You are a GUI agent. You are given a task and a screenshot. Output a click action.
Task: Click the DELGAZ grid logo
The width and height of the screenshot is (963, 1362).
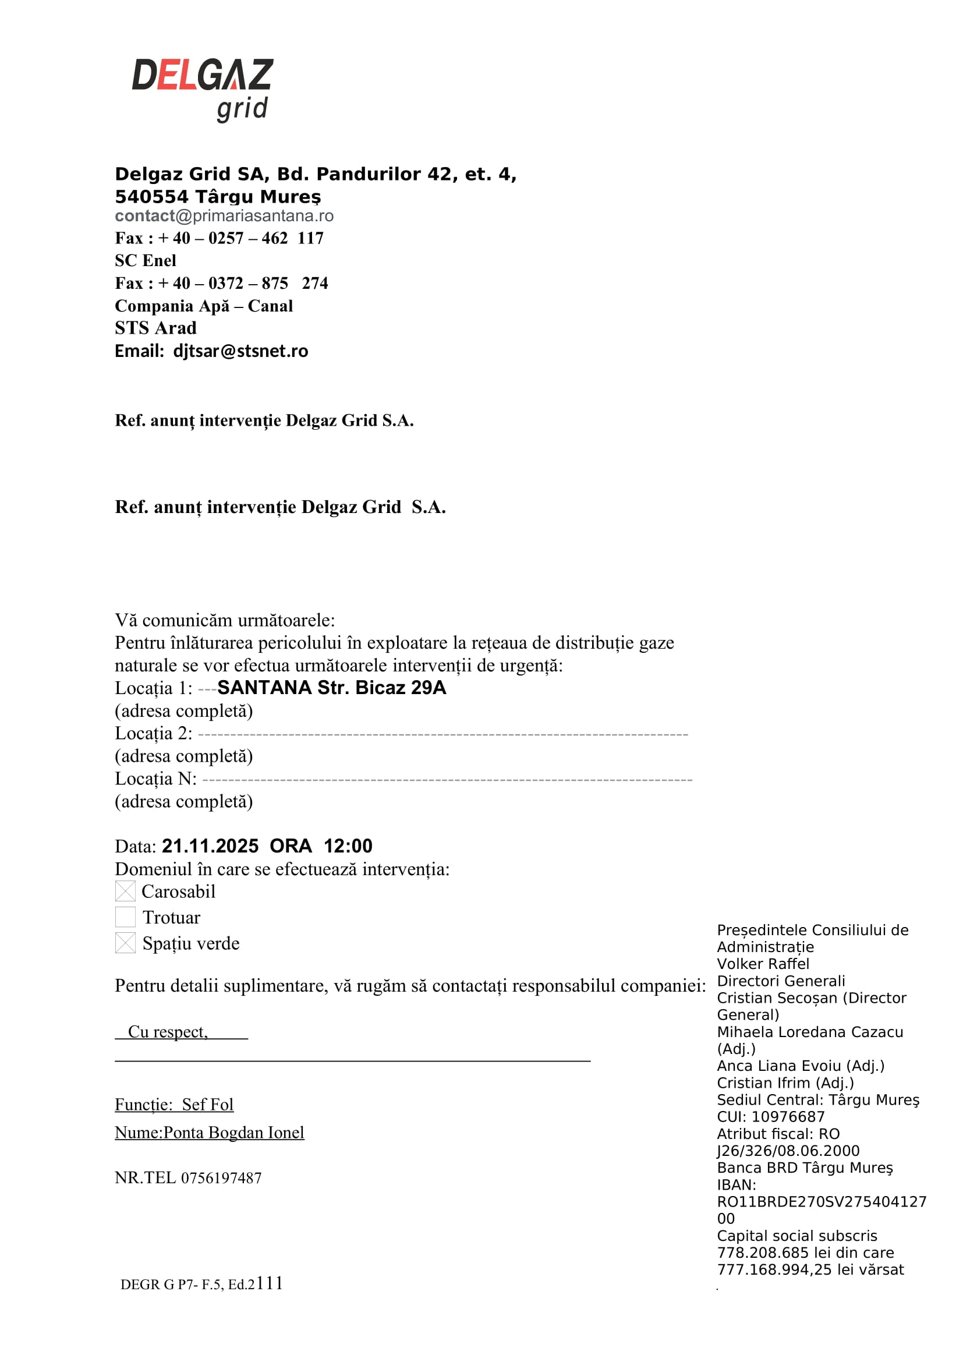[202, 89]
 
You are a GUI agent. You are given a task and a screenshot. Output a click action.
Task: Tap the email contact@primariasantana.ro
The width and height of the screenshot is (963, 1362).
[224, 216]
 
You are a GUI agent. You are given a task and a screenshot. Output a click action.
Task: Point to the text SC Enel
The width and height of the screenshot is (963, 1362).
[146, 261]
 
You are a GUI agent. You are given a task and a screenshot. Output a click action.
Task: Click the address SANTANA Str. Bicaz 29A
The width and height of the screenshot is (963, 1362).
[331, 688]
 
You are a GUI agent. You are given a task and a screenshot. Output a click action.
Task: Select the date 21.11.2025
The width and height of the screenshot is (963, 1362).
[210, 846]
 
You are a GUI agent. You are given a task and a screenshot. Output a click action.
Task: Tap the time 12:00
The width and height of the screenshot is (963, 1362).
[348, 846]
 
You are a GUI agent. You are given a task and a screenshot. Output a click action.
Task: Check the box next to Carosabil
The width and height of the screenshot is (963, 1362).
[125, 891]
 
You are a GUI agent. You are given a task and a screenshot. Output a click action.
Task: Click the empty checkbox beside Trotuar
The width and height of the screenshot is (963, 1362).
[125, 917]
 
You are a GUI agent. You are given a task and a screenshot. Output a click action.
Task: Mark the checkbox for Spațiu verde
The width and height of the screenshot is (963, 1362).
[125, 943]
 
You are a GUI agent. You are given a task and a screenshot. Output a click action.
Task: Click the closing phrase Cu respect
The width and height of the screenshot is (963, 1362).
[168, 1032]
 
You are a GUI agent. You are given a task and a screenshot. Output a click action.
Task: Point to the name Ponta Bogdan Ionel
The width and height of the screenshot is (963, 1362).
[233, 1133]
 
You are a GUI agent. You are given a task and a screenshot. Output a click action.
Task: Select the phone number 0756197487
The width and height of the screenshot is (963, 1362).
[221, 1178]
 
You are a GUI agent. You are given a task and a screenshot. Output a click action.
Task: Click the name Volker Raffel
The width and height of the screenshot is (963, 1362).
[763, 964]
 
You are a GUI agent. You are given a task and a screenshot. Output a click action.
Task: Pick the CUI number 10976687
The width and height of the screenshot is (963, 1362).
[788, 1117]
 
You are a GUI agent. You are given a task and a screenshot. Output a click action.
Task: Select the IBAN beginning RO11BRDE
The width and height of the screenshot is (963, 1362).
[822, 1202]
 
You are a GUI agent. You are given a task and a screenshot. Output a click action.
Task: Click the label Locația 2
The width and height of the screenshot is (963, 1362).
[153, 734]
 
